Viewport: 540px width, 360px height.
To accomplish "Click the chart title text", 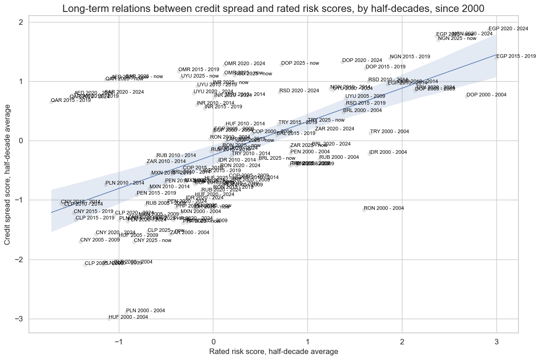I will coord(273,9).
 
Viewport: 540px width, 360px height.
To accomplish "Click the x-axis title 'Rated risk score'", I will coord(273,351).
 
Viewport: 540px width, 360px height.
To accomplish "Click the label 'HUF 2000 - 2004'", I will coord(128,317).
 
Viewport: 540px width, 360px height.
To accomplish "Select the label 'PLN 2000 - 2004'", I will coord(145,311).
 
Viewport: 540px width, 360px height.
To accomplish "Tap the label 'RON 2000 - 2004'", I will coord(384,208).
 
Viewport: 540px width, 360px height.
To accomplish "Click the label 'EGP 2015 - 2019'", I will coord(516,56).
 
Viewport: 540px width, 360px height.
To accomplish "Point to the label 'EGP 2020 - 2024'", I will coord(508,29).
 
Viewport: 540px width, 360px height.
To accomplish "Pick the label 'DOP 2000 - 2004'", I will coord(486,95).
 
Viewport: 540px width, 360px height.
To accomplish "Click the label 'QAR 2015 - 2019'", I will coord(71,100).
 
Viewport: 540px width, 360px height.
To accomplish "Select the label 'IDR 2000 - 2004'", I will coord(388,152).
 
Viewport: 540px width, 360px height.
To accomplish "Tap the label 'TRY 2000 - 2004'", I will coord(390,132).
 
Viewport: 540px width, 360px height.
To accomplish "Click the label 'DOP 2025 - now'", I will coord(300,63).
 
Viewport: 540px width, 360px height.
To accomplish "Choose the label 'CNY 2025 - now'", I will coord(152,240).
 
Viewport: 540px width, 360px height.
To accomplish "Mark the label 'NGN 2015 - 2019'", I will coord(410,57).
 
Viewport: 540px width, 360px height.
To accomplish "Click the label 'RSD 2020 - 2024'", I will coord(299,91).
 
